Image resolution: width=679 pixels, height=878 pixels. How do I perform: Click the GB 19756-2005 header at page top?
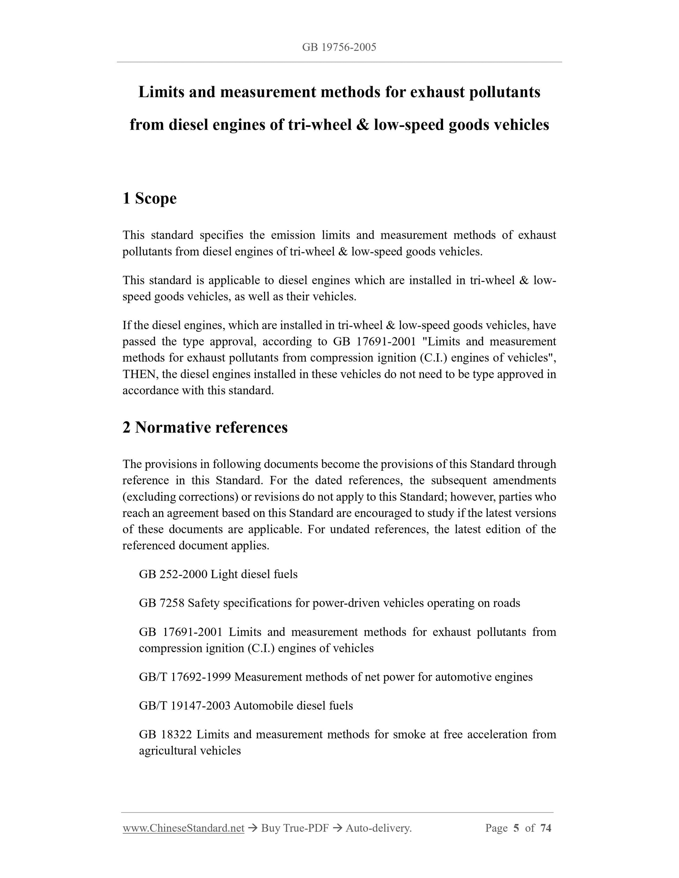pos(339,47)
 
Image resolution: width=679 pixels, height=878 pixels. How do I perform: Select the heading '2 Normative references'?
pos(205,427)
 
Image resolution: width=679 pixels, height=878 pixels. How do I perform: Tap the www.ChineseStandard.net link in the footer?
pos(184,828)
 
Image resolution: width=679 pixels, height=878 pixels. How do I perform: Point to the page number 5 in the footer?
pos(516,828)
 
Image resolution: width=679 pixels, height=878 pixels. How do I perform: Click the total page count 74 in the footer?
pos(545,828)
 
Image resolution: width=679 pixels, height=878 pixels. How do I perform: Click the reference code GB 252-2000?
pos(173,574)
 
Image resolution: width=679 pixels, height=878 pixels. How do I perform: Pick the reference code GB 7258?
pos(162,603)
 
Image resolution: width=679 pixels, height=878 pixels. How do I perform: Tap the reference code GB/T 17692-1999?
pos(185,677)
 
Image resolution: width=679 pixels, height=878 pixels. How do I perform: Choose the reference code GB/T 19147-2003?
pos(185,705)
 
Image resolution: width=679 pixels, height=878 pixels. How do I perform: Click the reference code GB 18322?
pos(165,734)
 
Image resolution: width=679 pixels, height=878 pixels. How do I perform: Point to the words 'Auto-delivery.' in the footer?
pos(379,828)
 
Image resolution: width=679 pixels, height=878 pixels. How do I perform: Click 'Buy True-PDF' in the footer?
pos(295,828)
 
